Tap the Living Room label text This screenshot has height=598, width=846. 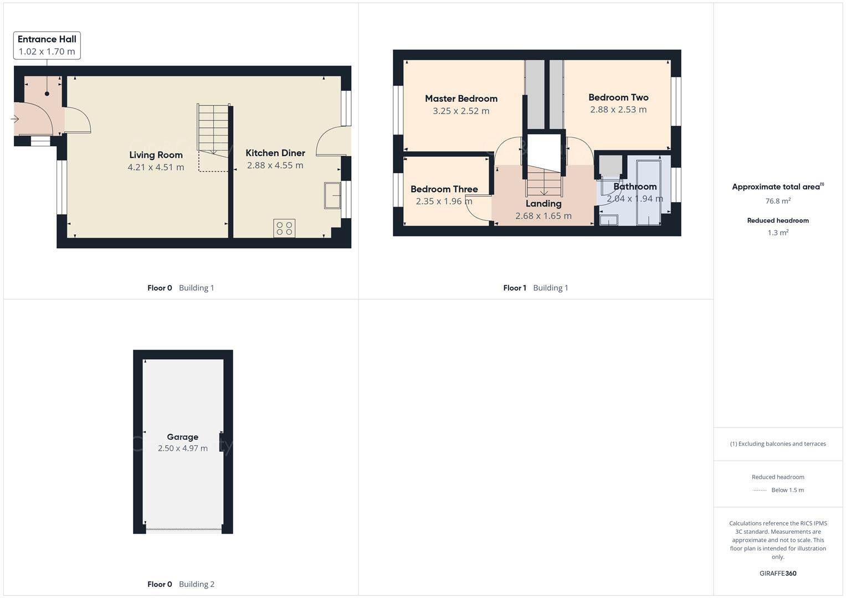(156, 155)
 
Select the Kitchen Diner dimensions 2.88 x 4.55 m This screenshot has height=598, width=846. (275, 166)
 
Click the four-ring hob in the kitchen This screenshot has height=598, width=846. (284, 228)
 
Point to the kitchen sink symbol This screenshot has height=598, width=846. (332, 195)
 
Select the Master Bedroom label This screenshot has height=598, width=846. (461, 99)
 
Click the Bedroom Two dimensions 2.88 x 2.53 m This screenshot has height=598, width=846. (618, 110)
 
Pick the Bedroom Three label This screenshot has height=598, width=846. (444, 189)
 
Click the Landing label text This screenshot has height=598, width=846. (543, 204)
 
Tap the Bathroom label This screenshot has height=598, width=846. (635, 187)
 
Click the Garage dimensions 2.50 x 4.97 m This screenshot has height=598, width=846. (182, 448)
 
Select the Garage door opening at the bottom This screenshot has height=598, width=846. (183, 530)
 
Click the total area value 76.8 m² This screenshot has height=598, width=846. (778, 201)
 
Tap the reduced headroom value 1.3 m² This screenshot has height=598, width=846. (778, 233)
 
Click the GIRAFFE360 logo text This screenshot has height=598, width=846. (778, 573)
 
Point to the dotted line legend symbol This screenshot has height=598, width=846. (760, 490)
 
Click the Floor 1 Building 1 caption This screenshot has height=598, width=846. (535, 288)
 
